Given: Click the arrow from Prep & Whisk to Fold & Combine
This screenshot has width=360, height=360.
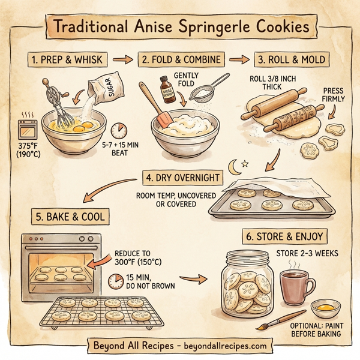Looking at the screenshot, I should pyautogui.click(x=122, y=60).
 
